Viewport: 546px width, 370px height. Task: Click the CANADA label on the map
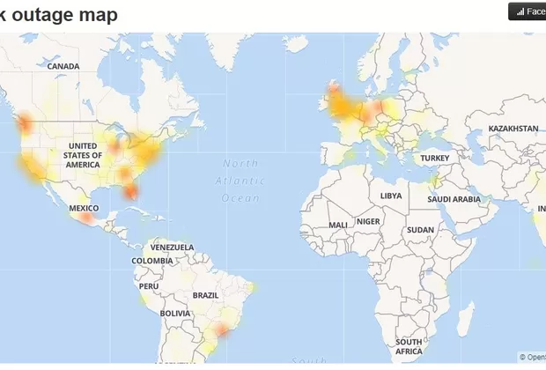pos(63,66)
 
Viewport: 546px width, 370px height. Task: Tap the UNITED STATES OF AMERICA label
pos(84,155)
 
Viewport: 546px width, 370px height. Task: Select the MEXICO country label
pos(84,208)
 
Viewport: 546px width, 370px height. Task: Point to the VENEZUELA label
pos(170,248)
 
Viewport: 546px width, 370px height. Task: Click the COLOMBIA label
pos(152,261)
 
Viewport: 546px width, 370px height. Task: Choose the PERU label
pos(149,286)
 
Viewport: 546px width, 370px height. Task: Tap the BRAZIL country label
pos(205,295)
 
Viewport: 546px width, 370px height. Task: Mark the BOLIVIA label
pos(175,313)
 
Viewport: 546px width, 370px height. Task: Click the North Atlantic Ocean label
pos(240,181)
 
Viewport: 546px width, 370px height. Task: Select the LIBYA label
pos(390,196)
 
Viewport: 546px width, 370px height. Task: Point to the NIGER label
pos(368,221)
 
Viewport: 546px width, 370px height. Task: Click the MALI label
pos(337,225)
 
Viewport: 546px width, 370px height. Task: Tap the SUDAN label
pos(420,230)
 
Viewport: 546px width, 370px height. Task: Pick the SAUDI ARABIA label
pos(454,199)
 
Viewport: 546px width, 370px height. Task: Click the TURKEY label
pos(435,158)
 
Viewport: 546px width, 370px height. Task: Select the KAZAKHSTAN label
pos(513,129)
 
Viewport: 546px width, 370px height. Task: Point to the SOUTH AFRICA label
pos(409,346)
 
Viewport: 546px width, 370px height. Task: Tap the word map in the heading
pos(99,14)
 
